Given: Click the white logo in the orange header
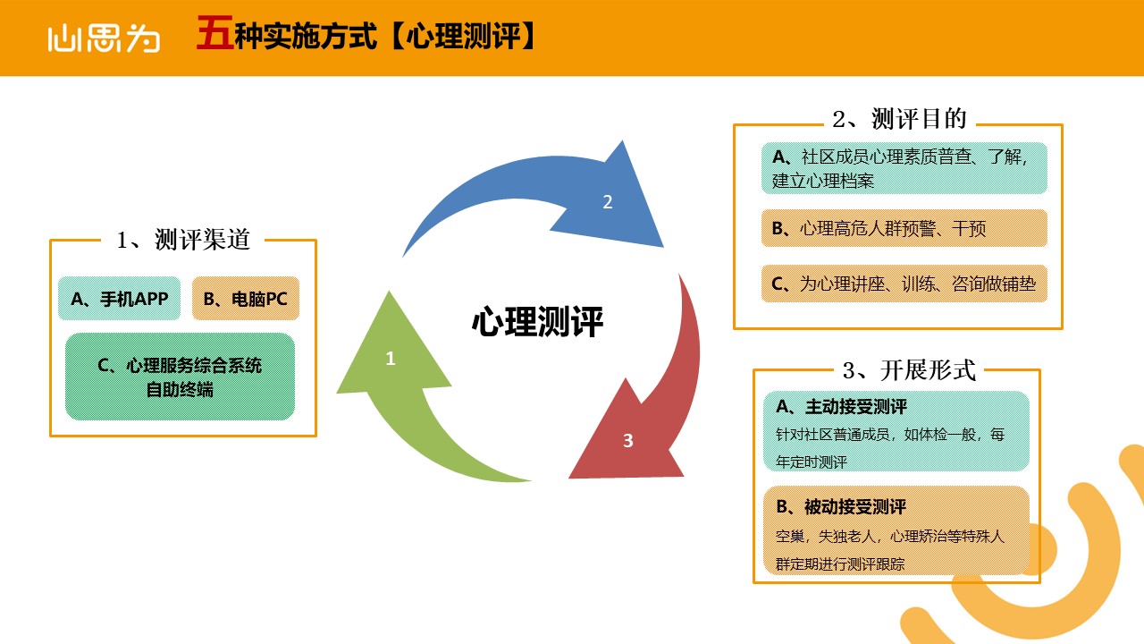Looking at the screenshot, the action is [104, 38].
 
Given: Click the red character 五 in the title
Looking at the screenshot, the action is [215, 33].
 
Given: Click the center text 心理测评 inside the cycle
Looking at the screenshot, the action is [537, 322].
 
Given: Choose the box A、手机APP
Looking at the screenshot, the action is [119, 299].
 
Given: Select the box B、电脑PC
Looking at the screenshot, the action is [246, 299].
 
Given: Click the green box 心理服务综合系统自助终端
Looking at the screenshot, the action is [180, 377].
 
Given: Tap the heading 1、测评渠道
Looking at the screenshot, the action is [183, 239].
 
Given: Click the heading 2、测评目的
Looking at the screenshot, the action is [899, 119].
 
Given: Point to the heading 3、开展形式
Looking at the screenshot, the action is [909, 370].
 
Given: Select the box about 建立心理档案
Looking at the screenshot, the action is [904, 168].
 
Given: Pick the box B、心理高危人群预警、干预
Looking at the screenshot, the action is [904, 228].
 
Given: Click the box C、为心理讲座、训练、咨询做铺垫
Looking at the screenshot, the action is [904, 284].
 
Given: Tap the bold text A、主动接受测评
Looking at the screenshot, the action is [841, 407].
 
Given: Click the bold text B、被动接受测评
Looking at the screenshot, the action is [841, 507].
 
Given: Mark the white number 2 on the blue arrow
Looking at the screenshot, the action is [607, 202].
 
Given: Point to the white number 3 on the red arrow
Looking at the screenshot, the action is [627, 441].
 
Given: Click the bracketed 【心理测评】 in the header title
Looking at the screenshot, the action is [463, 36].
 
